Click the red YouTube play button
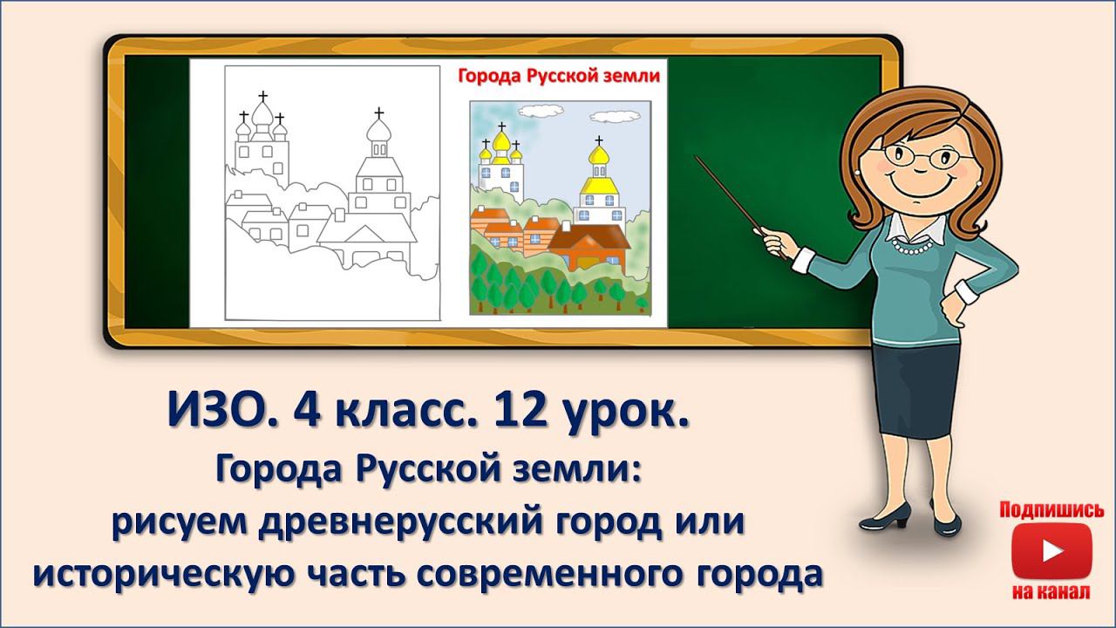pos(1051,552)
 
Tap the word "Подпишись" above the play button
pos(1051,510)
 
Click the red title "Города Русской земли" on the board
pos(559,76)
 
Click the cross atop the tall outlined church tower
pos(378,113)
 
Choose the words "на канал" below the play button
pos(1051,593)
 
